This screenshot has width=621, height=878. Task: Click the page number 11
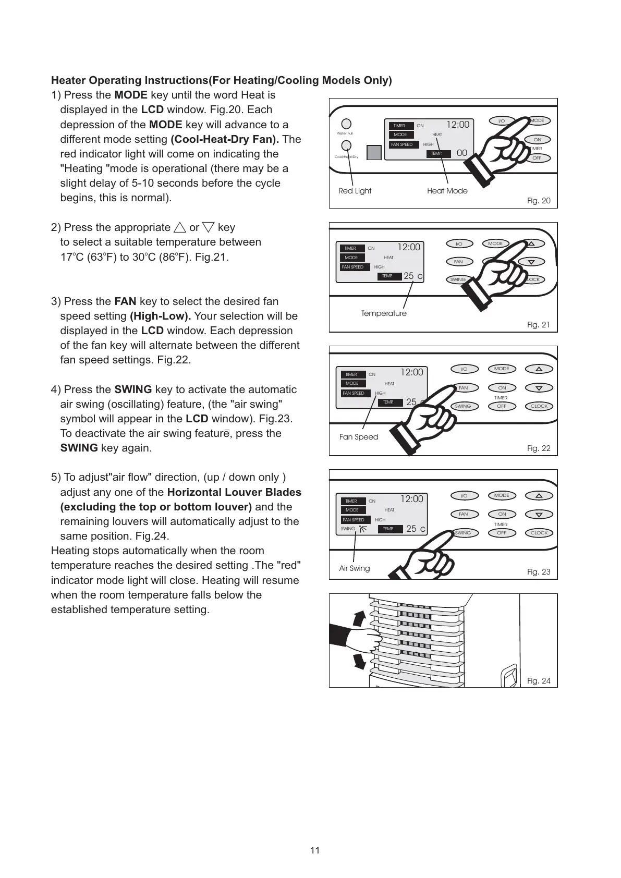pos(314,850)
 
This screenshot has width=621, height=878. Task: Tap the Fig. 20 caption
pos(539,201)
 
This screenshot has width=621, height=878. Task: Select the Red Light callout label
pos(355,191)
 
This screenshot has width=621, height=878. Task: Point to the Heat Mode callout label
pos(447,191)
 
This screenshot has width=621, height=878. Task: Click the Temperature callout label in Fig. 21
pos(384,313)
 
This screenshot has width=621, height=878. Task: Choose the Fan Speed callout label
pos(358,437)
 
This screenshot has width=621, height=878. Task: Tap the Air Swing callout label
pos(354,568)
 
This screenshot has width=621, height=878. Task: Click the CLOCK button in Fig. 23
pos(539,533)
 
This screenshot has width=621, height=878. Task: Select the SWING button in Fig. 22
pos(462,406)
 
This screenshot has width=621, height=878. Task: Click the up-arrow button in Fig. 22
pos(539,369)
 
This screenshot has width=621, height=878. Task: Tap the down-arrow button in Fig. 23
pos(539,515)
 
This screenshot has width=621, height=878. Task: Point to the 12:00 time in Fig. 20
pos(458,125)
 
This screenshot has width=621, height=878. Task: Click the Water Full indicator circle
pos(346,124)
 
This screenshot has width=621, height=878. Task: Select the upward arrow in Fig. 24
pos(359,619)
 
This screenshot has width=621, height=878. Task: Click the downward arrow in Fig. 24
pos(359,660)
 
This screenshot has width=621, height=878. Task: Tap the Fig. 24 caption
pos(539,681)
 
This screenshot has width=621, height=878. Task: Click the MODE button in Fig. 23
pos(502,495)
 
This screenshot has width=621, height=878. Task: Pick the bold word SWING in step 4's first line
pos(133,389)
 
